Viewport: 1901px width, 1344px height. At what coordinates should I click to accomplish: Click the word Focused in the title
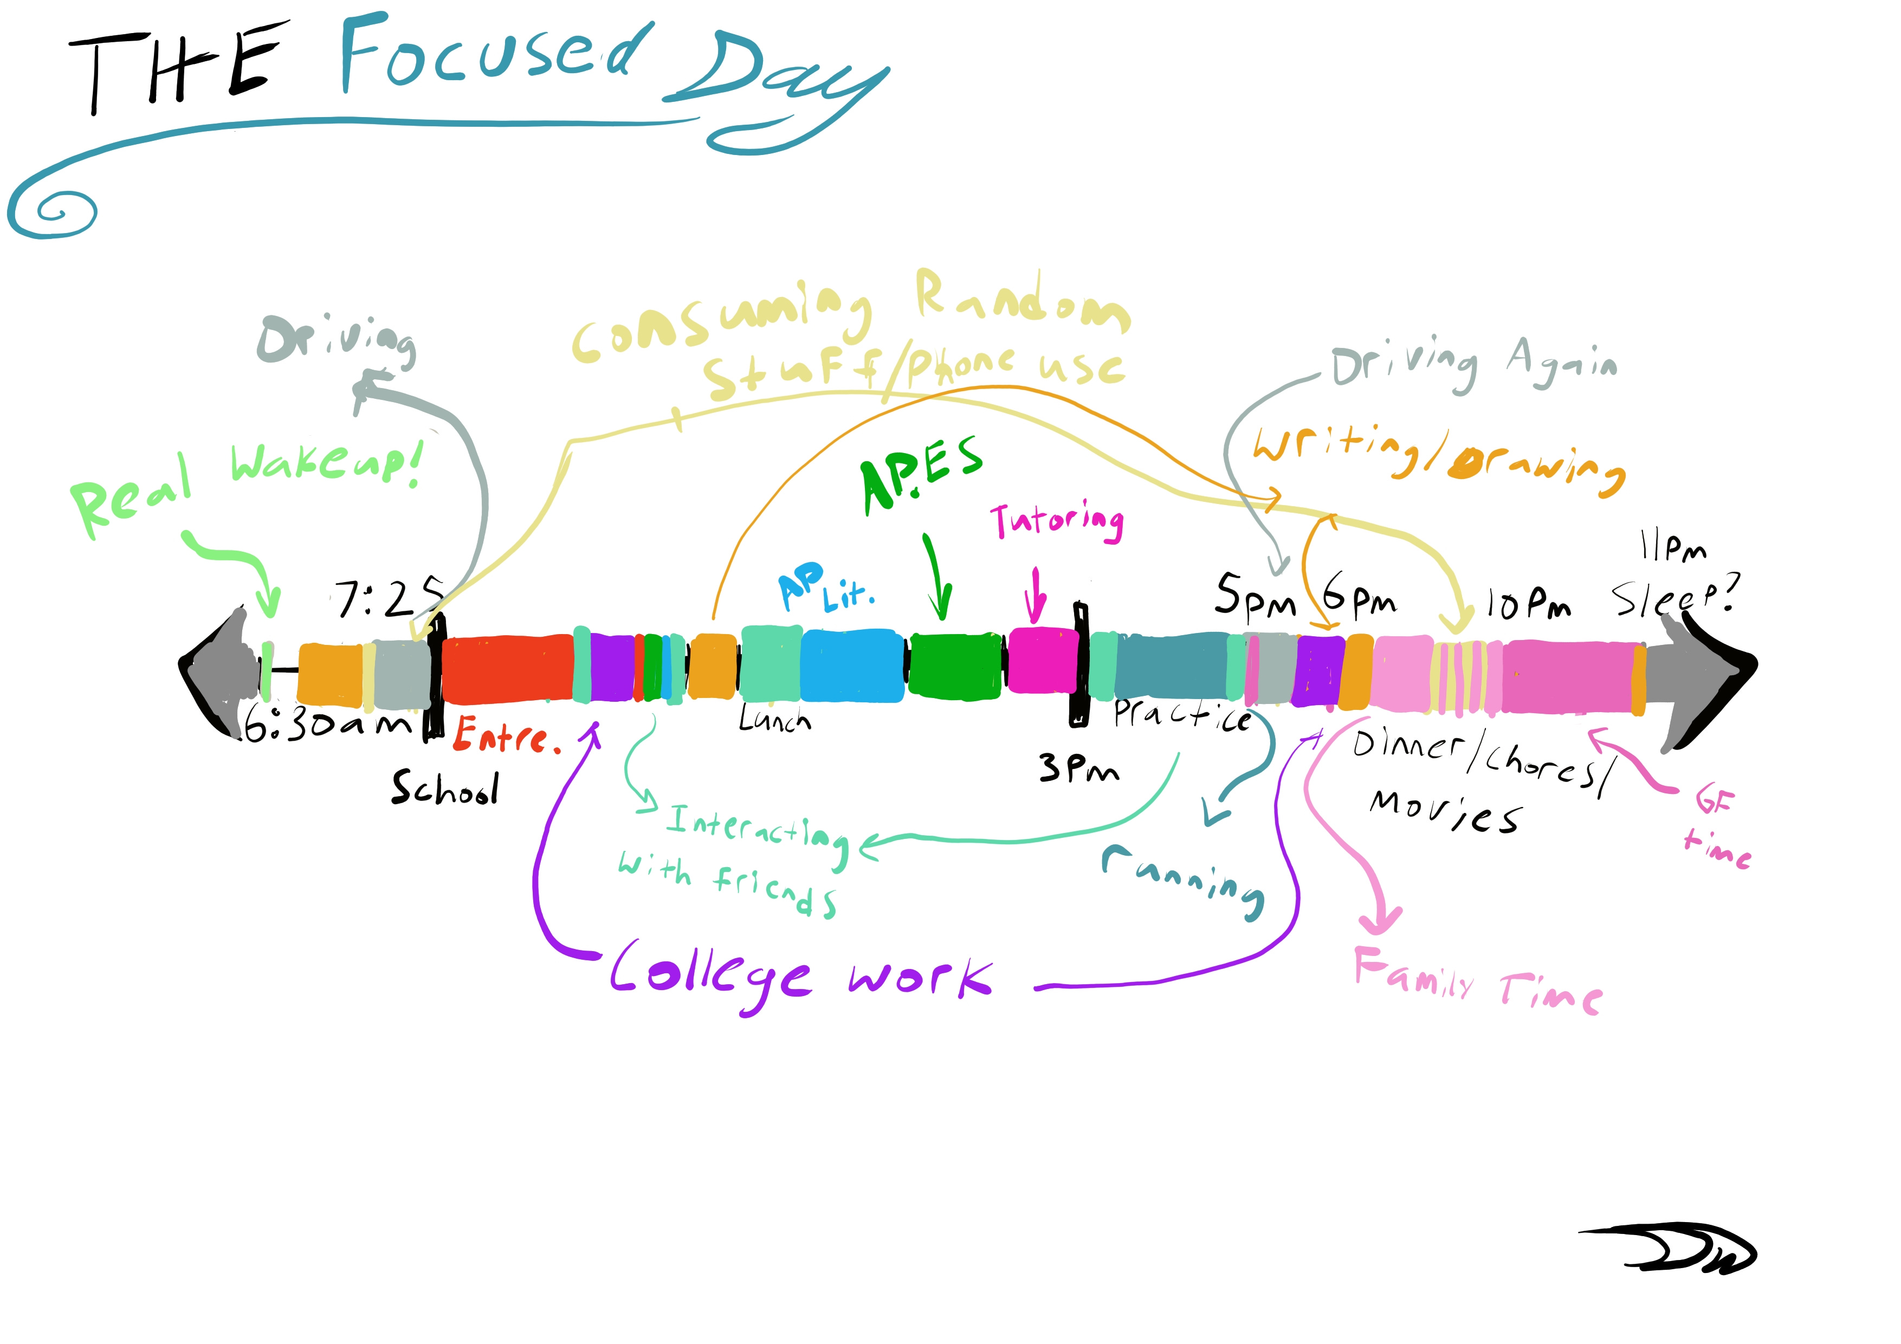[x=493, y=54]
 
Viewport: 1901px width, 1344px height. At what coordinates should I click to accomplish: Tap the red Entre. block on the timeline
[x=507, y=668]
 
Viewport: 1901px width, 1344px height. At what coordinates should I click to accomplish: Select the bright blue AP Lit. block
[x=851, y=667]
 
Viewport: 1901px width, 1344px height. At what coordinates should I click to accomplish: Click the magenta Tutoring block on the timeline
[x=1042, y=661]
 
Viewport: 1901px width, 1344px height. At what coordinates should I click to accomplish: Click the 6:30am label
[x=328, y=726]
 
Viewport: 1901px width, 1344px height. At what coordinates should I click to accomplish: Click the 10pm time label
[x=1528, y=604]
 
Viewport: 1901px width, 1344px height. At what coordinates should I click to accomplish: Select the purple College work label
[x=799, y=977]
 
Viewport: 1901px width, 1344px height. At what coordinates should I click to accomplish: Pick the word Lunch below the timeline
[x=774, y=720]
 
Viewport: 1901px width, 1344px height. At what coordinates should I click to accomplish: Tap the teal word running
[x=1184, y=880]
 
